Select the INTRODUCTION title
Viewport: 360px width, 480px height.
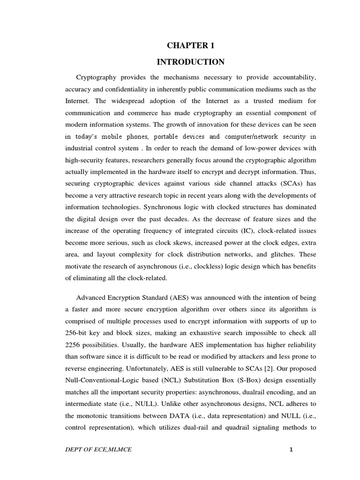click(x=190, y=62)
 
